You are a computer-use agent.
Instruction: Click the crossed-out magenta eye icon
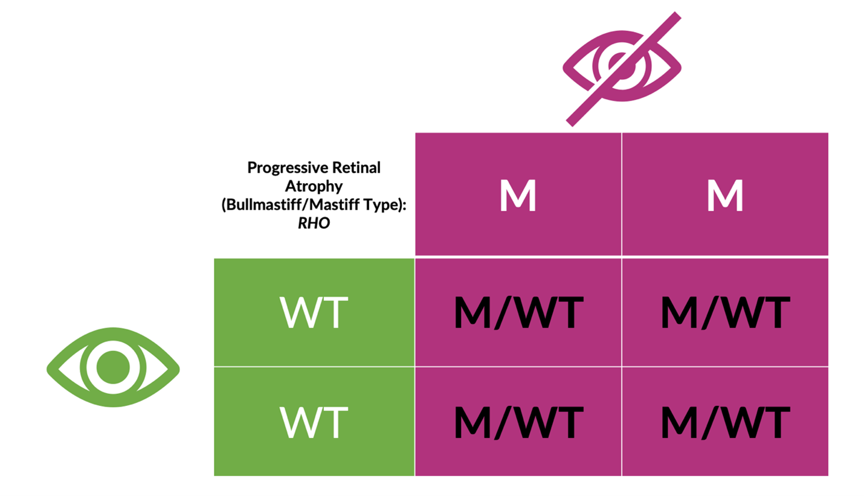coord(622,69)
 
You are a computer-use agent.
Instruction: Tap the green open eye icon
coord(113,367)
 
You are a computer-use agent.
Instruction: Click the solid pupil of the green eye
coord(113,367)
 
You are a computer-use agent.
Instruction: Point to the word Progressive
coord(288,168)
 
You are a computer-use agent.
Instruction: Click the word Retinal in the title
coord(356,167)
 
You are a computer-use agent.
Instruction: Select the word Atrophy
coord(314,187)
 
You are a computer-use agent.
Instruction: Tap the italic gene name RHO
coord(314,223)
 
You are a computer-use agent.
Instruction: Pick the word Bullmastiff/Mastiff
coord(291,204)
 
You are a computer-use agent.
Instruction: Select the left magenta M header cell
coord(518,194)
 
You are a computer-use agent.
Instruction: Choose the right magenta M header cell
coord(725,194)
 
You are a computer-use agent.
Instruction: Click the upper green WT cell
coord(314,312)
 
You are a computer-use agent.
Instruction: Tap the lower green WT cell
coord(314,422)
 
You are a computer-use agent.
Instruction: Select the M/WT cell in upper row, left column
coord(518,312)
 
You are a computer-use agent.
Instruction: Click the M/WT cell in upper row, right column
coord(725,312)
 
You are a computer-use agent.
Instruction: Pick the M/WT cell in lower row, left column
coord(518,422)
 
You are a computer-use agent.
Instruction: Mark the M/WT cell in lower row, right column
coord(725,422)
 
